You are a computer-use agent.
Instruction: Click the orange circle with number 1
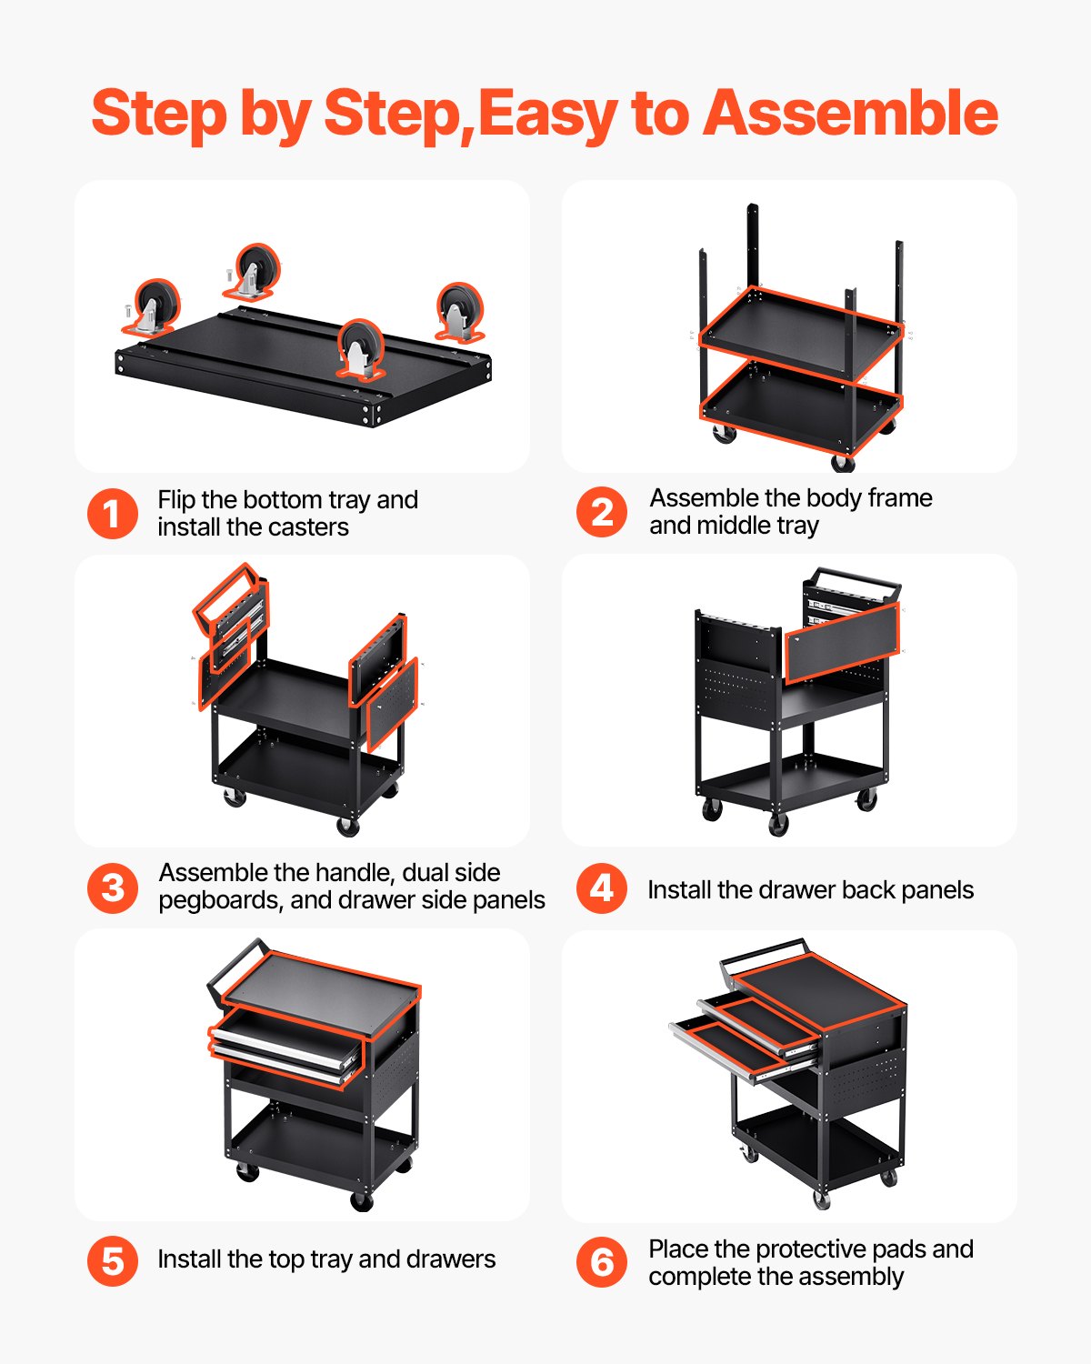point(113,514)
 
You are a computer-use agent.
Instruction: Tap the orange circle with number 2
point(602,512)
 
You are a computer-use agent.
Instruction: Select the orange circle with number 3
point(113,888)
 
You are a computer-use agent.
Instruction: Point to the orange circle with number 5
point(113,1261)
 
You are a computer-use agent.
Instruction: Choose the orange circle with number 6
point(602,1262)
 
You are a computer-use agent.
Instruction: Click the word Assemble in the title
point(850,114)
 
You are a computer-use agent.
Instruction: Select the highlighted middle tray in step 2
point(800,332)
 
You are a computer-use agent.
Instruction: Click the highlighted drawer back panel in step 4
point(841,642)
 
